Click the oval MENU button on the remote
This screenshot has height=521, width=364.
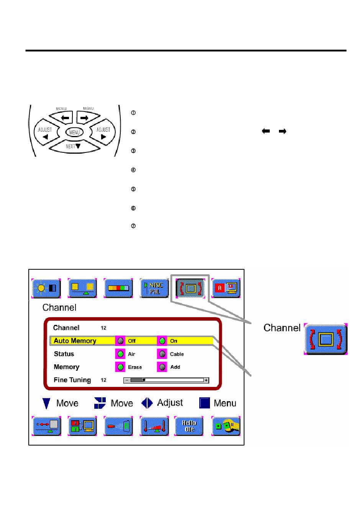(x=74, y=132)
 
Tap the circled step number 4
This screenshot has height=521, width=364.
(x=133, y=170)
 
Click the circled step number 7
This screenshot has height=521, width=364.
(x=133, y=226)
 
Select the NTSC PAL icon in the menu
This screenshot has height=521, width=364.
(x=154, y=288)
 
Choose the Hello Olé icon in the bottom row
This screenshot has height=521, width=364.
(x=189, y=426)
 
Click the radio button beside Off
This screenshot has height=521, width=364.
(x=120, y=341)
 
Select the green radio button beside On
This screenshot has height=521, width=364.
(x=162, y=341)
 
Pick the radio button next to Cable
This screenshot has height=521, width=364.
(x=162, y=354)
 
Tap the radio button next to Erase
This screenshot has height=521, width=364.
(x=120, y=367)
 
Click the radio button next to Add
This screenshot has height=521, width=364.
(x=162, y=367)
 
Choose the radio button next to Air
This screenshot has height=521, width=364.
(x=120, y=354)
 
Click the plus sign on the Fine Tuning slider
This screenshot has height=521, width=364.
(x=206, y=380)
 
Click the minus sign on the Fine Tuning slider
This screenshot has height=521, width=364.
(x=127, y=380)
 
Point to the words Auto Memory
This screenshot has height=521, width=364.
(x=75, y=341)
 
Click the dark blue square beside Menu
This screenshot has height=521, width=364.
(x=205, y=403)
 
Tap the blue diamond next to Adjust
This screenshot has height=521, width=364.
(x=147, y=403)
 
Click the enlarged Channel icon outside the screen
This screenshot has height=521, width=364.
(x=325, y=339)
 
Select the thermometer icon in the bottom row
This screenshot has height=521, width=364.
(x=154, y=426)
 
